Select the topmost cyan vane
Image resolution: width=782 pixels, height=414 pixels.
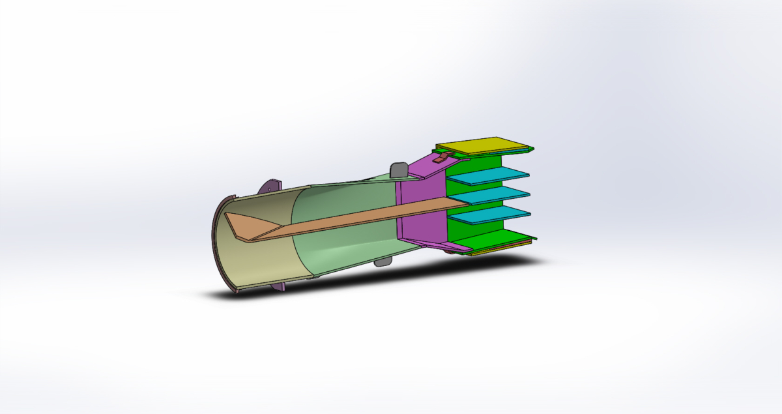click(489, 175)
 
